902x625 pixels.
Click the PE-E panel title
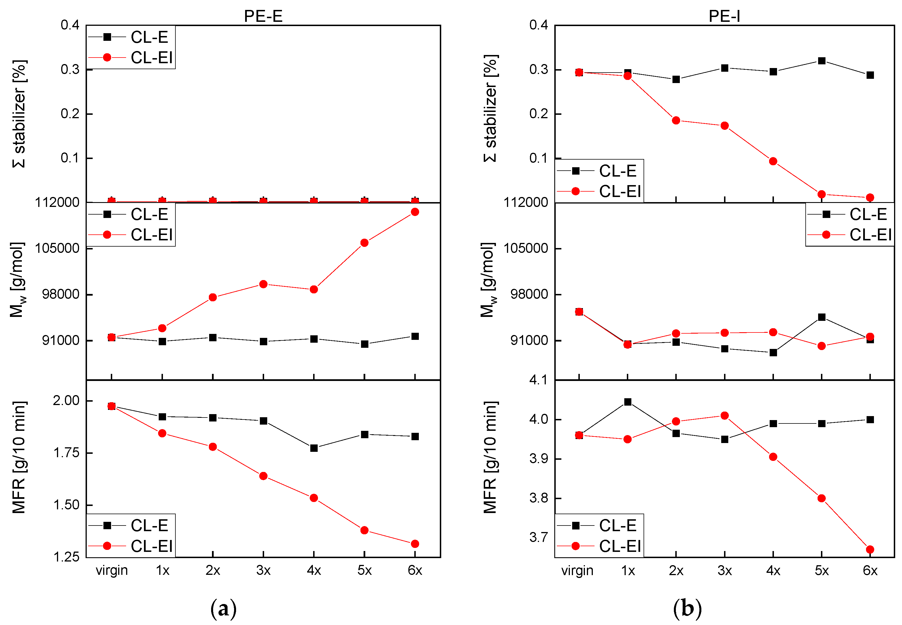pos(263,16)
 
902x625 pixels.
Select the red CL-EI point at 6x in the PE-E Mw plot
pos(415,212)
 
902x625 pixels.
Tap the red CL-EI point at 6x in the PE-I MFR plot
pos(870,549)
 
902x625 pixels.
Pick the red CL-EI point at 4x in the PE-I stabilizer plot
pos(773,161)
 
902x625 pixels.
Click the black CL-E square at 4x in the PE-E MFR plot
pos(314,448)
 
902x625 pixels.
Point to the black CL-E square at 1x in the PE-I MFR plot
pos(628,402)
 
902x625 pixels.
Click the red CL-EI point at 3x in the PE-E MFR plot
pos(263,476)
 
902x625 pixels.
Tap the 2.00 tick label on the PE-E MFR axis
pos(66,401)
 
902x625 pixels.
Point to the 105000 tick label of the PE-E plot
pos(57,248)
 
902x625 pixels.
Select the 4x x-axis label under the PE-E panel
pos(314,571)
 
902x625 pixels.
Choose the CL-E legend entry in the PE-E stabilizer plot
pos(149,37)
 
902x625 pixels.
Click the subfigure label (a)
pos(224,608)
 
